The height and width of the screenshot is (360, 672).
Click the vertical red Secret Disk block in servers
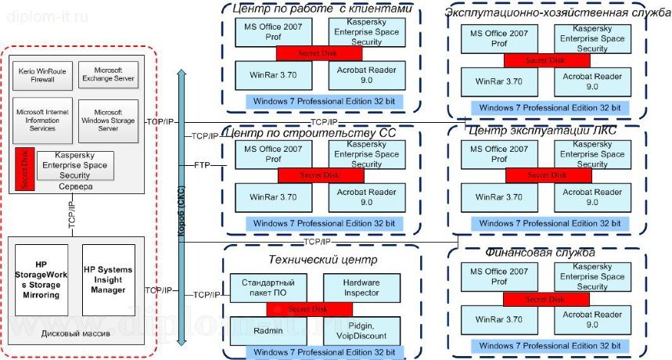(24, 171)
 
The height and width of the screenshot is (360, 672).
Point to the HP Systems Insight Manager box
(108, 280)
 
